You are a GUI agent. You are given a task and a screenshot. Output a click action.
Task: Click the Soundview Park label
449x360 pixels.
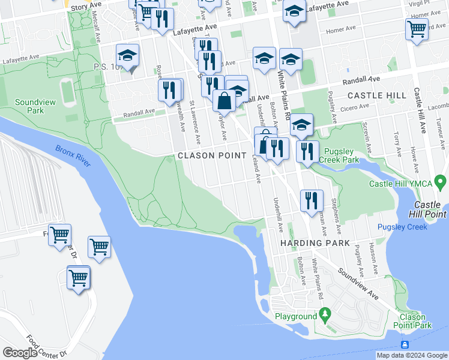[x=35, y=106]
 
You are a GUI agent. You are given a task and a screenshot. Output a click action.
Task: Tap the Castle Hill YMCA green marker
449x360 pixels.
[x=441, y=181]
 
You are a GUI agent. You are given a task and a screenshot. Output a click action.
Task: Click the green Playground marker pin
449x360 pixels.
[x=325, y=313]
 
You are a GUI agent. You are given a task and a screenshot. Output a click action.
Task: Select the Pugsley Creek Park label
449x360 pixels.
[x=341, y=155]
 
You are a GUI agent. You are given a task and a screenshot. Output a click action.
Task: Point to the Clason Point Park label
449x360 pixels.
[x=415, y=321]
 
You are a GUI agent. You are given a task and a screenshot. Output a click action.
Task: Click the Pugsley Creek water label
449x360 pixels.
[x=402, y=227]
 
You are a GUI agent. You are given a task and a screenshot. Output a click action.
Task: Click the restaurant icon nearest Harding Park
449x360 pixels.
[x=310, y=200]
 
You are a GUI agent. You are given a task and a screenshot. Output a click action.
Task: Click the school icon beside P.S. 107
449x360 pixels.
[x=127, y=56]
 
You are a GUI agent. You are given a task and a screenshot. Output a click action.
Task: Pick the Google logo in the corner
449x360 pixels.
[x=20, y=353]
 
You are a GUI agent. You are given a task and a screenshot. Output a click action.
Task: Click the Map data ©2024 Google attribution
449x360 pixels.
[x=412, y=355]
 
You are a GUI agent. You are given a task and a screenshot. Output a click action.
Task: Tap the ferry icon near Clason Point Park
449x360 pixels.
[x=405, y=344]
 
